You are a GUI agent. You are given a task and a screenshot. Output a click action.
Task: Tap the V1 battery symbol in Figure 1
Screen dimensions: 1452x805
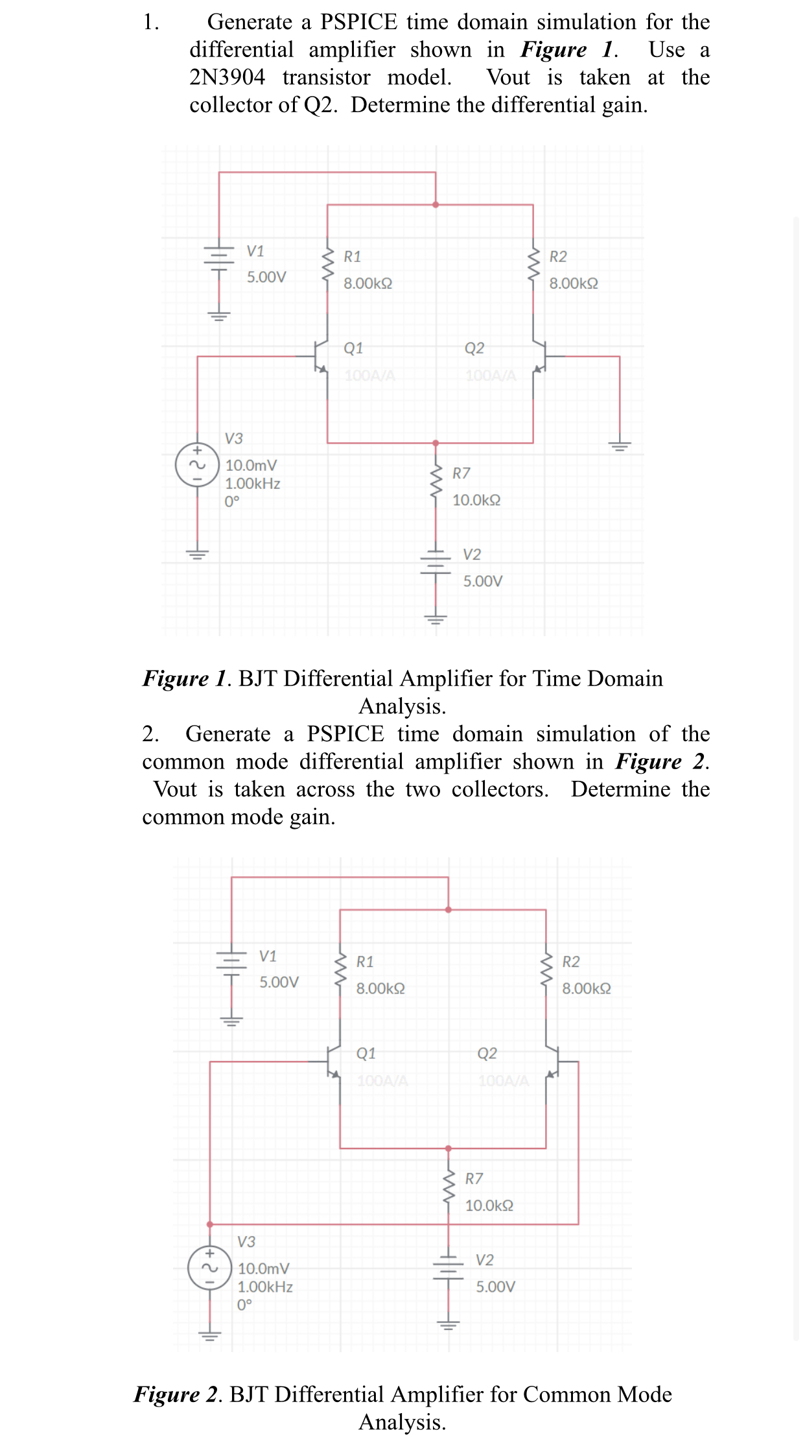point(219,256)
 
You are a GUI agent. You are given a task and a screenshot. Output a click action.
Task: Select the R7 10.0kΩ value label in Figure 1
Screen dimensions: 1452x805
point(476,500)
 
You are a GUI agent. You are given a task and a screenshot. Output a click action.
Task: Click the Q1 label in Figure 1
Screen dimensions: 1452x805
point(353,348)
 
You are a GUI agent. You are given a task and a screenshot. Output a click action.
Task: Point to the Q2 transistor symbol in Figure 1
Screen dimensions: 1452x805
point(540,356)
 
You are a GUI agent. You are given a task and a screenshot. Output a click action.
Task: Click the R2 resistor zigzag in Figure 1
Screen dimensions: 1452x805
point(533,264)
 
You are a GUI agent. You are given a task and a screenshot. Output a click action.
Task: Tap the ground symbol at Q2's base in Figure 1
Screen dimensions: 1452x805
point(620,446)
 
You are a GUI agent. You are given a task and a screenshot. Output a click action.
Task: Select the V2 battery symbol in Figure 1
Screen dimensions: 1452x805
point(436,562)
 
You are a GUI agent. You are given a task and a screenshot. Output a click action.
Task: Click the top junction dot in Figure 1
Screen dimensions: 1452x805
point(436,205)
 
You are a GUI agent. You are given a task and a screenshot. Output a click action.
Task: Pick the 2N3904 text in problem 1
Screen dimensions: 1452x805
point(227,77)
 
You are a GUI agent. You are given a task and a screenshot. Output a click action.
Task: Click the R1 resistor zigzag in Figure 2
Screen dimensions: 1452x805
point(340,970)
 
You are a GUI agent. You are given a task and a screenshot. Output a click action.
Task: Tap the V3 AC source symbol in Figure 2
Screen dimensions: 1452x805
point(209,1268)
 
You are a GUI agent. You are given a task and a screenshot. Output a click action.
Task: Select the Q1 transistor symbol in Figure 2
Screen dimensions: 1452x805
point(333,1062)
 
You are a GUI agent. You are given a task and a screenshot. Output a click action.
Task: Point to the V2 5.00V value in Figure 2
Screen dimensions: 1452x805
point(496,1287)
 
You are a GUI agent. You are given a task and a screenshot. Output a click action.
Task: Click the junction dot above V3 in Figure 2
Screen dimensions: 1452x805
point(210,1224)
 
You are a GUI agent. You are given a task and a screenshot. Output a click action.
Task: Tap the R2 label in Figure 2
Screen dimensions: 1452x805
point(571,962)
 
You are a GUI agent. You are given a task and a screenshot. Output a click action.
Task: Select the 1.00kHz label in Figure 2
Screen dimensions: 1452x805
point(265,1287)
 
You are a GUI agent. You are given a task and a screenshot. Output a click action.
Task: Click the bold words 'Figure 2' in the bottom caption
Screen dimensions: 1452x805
point(174,1394)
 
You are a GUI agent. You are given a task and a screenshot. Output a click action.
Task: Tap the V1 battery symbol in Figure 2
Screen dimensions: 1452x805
point(231,962)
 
